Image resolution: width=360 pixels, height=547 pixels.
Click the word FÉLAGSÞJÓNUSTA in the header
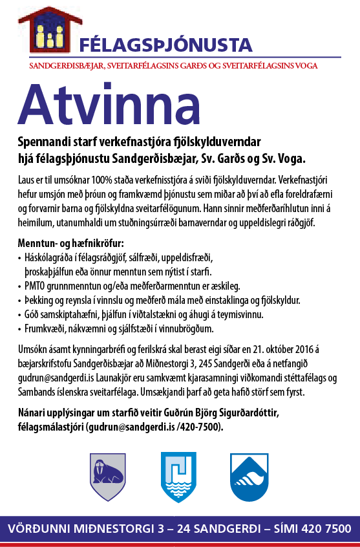pos(165,45)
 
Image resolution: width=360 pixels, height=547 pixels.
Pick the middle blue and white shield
pos(178,477)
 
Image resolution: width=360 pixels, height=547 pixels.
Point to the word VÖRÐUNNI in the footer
pos(39,528)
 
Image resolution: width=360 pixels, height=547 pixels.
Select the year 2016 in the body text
pos(291,349)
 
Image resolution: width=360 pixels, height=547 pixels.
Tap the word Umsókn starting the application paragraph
pos(34,349)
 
